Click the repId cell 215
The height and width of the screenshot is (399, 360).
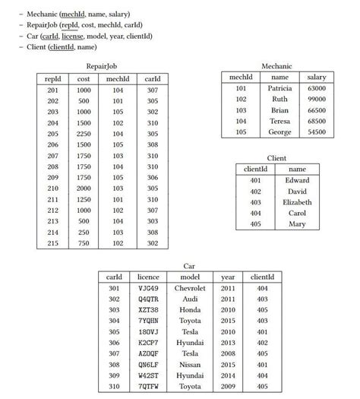pos(52,243)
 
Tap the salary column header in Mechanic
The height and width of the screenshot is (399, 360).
pos(317,78)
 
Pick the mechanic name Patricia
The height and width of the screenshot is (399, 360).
pos(279,88)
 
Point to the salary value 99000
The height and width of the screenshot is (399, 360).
pos(317,100)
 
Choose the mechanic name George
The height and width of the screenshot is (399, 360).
pos(279,132)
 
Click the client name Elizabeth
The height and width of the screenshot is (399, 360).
pos(297,202)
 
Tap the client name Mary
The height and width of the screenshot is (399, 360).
pos(297,224)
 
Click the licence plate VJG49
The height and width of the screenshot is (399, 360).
pos(149,288)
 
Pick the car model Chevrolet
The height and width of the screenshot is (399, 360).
pos(190,288)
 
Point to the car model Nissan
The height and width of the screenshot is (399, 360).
pos(190,365)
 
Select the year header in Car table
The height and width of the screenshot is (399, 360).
pos(228,277)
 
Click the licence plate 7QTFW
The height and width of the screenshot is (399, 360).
pos(149,387)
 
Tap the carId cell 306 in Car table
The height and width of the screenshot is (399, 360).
pos(115,343)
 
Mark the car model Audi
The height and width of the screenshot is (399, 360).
pos(190,299)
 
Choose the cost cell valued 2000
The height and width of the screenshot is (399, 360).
pos(84,188)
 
